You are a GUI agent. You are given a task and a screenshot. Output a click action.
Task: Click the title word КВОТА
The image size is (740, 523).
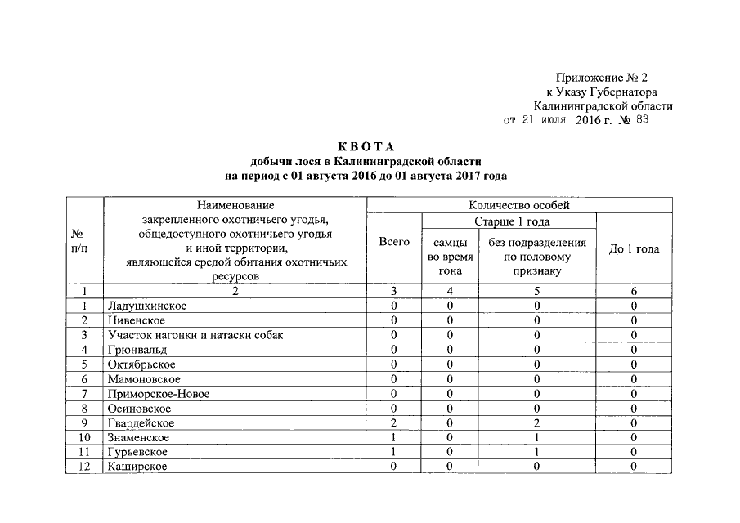[366, 146]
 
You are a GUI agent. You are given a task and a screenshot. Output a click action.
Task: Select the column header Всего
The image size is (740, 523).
[395, 242]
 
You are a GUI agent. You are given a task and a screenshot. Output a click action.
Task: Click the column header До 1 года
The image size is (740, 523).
[635, 249]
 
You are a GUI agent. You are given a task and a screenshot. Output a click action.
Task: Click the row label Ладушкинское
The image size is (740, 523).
[147, 306]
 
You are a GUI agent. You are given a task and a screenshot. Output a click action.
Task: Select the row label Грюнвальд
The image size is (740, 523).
[137, 350]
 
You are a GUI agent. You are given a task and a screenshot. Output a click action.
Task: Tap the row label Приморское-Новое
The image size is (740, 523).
[159, 394]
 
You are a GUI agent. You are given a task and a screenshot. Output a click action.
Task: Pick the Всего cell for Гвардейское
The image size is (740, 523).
[394, 423]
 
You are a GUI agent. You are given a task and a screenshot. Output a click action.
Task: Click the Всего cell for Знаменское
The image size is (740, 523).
[394, 438]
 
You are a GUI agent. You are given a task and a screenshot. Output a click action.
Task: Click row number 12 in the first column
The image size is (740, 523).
[83, 466]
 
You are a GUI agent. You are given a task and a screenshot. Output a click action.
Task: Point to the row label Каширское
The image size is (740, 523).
[137, 466]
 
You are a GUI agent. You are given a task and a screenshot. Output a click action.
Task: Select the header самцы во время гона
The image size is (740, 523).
[451, 257]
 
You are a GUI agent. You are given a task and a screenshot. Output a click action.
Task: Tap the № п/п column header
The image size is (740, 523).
[81, 241]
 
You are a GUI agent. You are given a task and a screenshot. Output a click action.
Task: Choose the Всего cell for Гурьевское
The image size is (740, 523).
[394, 452]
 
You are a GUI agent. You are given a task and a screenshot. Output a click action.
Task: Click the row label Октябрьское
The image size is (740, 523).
[142, 364]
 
